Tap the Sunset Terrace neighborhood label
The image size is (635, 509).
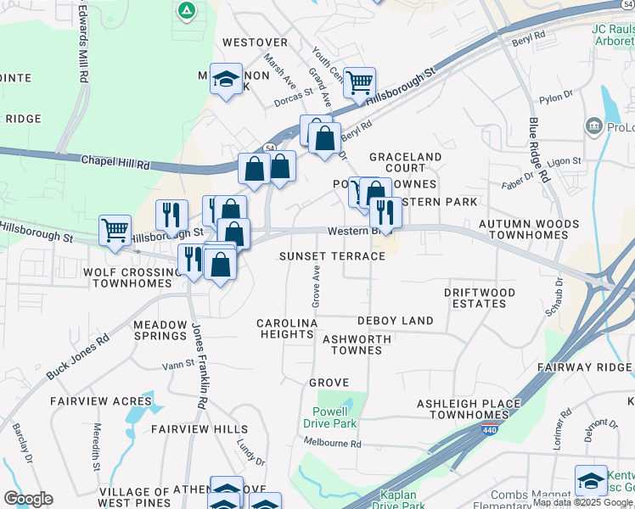333,256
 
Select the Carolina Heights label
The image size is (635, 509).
287,329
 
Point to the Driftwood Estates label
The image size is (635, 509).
480,298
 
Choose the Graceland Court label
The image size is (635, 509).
405,163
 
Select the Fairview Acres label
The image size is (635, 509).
100,400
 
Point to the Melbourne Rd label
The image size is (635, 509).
332,443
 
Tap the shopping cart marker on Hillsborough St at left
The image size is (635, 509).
115,229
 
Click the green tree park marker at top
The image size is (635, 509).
185,10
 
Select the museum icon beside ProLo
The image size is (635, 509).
593,127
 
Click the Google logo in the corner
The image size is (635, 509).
28,499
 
